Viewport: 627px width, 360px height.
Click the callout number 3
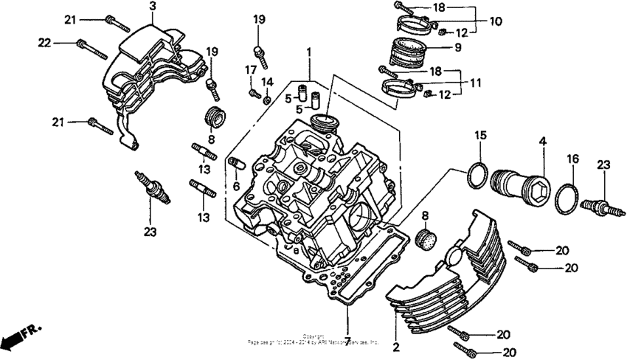click(152, 7)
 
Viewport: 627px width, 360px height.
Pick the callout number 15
click(480, 136)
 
